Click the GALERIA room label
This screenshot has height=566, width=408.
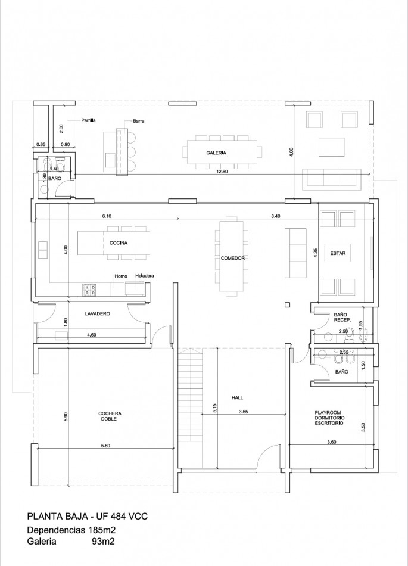click(x=216, y=153)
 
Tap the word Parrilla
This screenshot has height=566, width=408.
click(x=88, y=120)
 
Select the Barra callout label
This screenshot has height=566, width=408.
click(x=138, y=121)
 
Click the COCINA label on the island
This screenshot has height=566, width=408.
click(x=119, y=243)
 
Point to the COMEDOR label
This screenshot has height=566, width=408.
click(x=233, y=258)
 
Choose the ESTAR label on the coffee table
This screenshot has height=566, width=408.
click(x=338, y=253)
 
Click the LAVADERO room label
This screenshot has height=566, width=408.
click(x=98, y=313)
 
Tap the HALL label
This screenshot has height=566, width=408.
click(x=237, y=398)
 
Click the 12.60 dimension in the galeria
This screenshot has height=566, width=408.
click(x=222, y=172)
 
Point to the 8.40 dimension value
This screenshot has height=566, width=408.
click(x=276, y=216)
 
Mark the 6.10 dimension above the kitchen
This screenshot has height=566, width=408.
click(x=107, y=216)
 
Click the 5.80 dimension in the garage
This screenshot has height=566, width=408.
click(x=105, y=446)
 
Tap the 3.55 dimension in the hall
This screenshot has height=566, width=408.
click(x=244, y=411)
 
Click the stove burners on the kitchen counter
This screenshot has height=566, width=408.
click(x=90, y=290)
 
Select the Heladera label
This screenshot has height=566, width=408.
click(x=145, y=276)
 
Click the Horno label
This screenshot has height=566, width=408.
click(x=121, y=276)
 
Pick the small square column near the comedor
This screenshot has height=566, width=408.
click(x=287, y=304)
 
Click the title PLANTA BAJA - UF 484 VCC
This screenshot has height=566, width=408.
click(x=88, y=517)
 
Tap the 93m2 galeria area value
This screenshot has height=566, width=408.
click(x=104, y=542)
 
